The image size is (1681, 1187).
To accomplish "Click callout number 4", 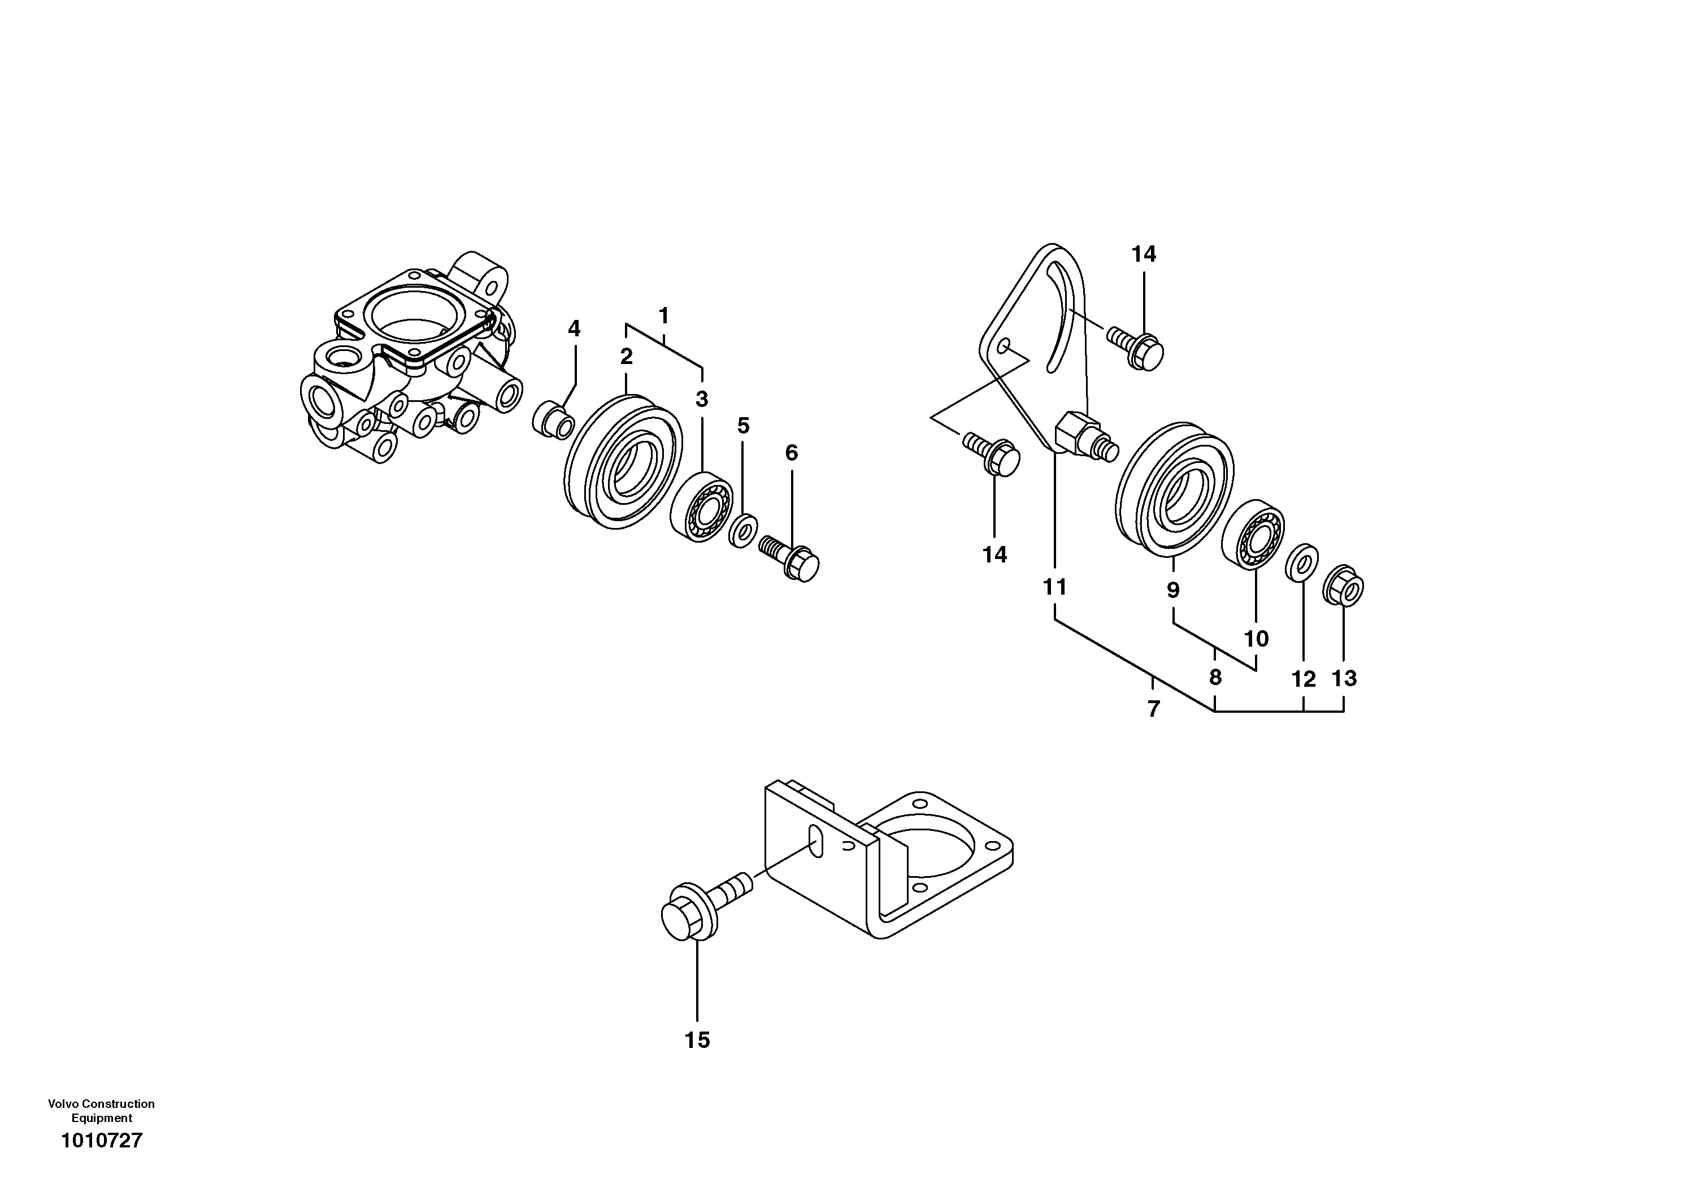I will (574, 329).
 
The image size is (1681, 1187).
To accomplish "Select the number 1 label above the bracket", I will (663, 317).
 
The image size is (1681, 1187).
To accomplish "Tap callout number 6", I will (792, 453).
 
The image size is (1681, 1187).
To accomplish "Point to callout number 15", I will (697, 1040).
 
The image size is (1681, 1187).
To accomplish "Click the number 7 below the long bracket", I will (1153, 709).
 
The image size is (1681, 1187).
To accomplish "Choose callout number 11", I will (1055, 587).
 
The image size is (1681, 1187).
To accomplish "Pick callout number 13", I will (1344, 679).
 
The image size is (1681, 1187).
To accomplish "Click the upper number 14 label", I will (1144, 254).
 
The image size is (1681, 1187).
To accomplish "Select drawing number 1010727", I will (102, 1141).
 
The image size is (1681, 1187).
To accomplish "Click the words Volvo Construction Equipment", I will (102, 1110).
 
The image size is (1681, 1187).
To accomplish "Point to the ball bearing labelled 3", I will (701, 506).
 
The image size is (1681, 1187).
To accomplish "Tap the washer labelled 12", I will (1303, 562).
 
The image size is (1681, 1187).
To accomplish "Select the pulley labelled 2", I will (624, 461).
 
